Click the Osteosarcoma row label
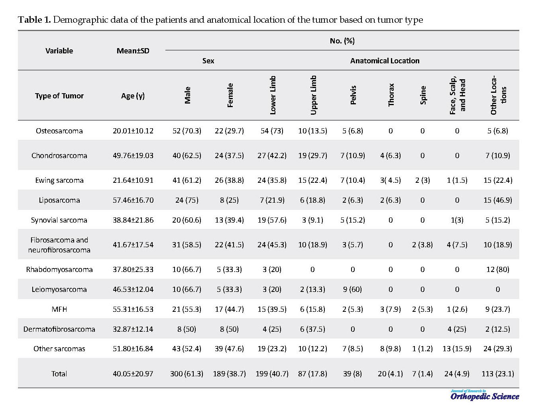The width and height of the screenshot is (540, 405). click(x=59, y=131)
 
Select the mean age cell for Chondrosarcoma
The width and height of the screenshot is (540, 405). click(x=133, y=156)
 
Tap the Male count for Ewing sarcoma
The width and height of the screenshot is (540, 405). click(x=187, y=180)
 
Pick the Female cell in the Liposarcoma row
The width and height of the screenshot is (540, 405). click(x=229, y=200)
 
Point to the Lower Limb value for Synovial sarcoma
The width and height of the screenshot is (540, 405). click(x=272, y=220)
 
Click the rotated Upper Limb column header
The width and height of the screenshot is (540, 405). click(x=313, y=95)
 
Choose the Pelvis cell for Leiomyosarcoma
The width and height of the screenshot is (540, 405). click(x=352, y=289)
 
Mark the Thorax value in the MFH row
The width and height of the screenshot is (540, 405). click(x=391, y=309)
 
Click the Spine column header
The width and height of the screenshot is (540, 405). click(x=423, y=95)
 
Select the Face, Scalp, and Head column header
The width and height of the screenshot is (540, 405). click(x=458, y=95)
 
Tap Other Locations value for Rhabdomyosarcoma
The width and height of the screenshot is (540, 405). click(x=497, y=270)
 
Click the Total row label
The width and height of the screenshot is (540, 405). click(x=59, y=374)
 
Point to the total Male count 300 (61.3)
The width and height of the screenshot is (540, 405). click(x=187, y=374)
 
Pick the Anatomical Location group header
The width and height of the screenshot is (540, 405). click(x=385, y=61)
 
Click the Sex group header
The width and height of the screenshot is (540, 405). click(x=208, y=61)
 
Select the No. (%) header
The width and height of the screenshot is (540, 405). click(x=342, y=41)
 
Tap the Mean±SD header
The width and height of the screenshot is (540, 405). click(x=133, y=51)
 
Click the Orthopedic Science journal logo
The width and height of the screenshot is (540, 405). click(x=485, y=395)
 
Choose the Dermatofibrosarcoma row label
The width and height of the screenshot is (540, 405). click(x=59, y=329)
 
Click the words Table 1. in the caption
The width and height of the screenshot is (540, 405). click(x=34, y=20)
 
